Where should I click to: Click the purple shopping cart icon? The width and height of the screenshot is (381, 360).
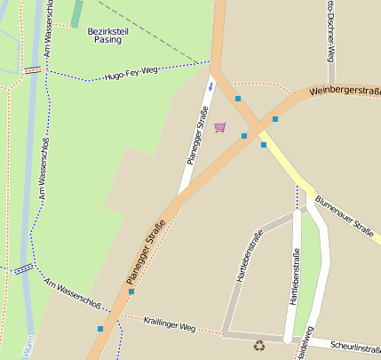[219, 127]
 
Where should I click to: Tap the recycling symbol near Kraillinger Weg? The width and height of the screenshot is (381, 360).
[259, 346]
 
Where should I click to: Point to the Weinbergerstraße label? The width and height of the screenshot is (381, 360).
[345, 91]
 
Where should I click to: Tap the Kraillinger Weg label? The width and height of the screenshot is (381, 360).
[169, 325]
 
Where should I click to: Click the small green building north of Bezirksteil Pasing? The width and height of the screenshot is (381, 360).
[76, 12]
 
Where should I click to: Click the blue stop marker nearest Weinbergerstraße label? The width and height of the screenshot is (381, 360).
[275, 118]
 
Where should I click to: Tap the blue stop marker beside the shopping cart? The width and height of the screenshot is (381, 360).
[243, 136]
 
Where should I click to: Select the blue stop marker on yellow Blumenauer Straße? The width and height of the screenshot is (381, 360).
[264, 144]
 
